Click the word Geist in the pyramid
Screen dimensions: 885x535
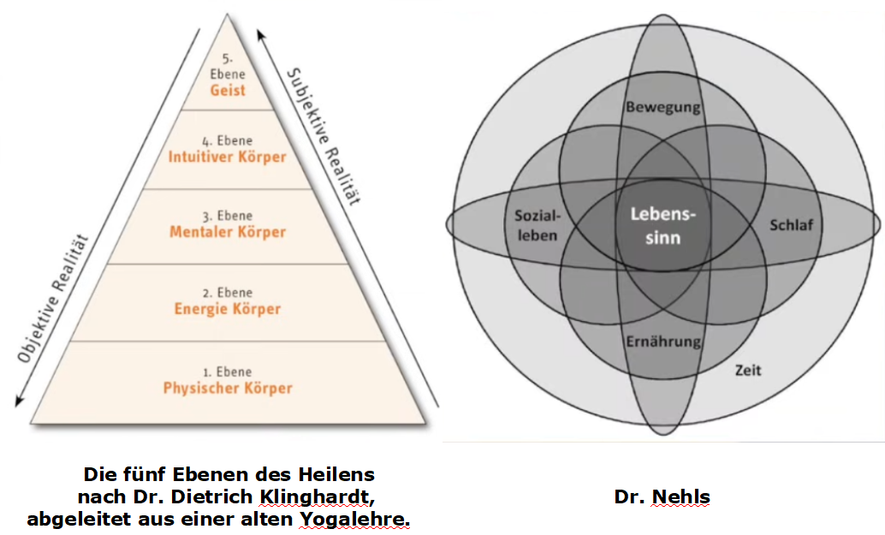pyautogui.click(x=227, y=90)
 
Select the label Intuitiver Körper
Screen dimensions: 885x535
pyautogui.click(x=227, y=157)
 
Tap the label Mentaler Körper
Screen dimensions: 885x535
pyautogui.click(x=228, y=232)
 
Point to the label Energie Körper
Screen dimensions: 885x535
pyautogui.click(x=228, y=308)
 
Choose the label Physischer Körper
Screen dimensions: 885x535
pyautogui.click(x=228, y=388)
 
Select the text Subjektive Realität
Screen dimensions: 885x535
pyautogui.click(x=323, y=137)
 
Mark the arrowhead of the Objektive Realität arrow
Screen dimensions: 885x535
pyautogui.click(x=17, y=401)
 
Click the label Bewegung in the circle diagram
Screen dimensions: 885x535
pyautogui.click(x=662, y=107)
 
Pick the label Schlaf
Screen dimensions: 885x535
pyautogui.click(x=791, y=225)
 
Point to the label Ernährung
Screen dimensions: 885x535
pyautogui.click(x=662, y=342)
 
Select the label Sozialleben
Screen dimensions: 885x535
pyautogui.click(x=537, y=224)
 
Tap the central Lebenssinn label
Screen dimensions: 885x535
pyautogui.click(x=662, y=226)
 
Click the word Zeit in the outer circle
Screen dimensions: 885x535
pyautogui.click(x=747, y=371)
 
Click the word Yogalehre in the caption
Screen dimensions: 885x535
pyautogui.click(x=355, y=519)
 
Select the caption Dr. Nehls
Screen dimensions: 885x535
pyautogui.click(x=662, y=496)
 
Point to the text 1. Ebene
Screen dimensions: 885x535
pyautogui.click(x=228, y=372)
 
